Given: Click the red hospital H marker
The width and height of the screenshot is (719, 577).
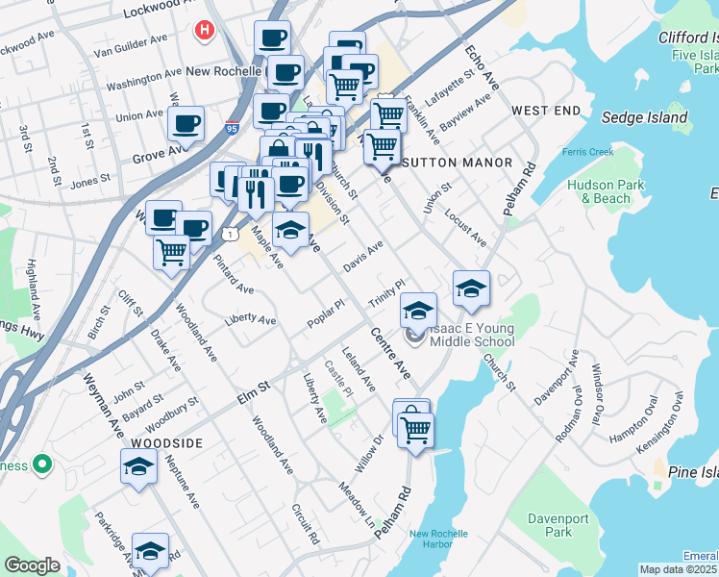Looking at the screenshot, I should point(204,31).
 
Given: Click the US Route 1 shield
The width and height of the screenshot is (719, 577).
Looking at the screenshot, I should point(229,234).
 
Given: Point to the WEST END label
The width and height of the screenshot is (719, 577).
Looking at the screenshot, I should point(546,112).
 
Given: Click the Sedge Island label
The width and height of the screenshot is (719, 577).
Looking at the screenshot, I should point(644,118).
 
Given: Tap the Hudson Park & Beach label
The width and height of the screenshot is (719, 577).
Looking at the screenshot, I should point(599,191).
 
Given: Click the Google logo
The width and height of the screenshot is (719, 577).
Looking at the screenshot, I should point(32,565).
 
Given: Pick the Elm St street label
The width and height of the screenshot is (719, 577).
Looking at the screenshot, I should point(249,390).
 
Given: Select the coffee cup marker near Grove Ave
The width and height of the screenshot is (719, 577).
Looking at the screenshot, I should point(186,124).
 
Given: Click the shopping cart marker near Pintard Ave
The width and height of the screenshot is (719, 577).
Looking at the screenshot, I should point(171,253).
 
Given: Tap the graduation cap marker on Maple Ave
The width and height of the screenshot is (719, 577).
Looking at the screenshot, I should point(290,230).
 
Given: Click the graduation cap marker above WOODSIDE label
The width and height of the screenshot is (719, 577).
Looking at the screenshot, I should point(138,466).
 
